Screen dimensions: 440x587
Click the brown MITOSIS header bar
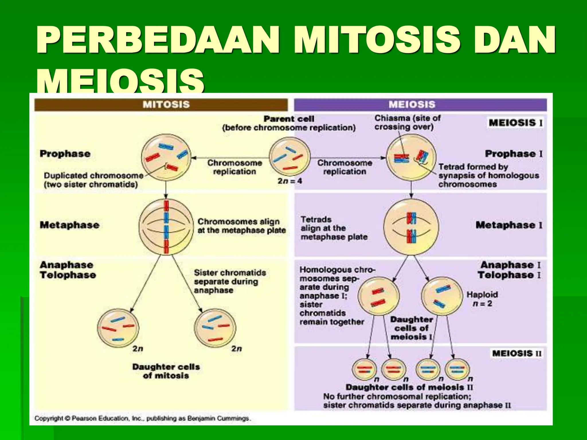click(x=161, y=105)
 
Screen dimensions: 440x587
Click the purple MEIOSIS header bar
click(x=420, y=105)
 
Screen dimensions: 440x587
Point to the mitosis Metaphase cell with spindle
click(x=166, y=227)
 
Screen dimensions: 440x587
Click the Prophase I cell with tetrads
click(x=411, y=158)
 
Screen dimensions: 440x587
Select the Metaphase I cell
click(x=411, y=227)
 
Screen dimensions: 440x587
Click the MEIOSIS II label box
click(x=517, y=353)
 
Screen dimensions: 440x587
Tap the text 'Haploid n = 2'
click(x=482, y=299)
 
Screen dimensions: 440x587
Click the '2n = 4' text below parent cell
click(x=289, y=181)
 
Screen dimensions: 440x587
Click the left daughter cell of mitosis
click(x=118, y=329)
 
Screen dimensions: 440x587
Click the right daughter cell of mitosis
click(x=215, y=329)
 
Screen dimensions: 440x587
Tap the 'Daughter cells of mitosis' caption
click(x=166, y=371)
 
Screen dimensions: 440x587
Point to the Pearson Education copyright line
click(x=142, y=419)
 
